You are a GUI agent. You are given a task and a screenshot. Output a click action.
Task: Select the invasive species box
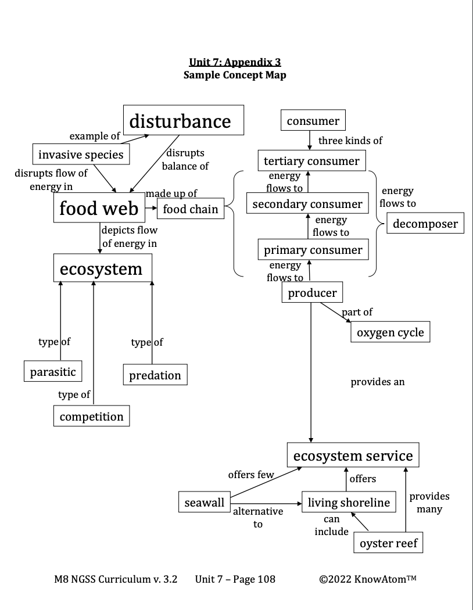(x=81, y=155)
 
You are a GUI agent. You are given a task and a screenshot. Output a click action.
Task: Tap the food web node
(x=99, y=208)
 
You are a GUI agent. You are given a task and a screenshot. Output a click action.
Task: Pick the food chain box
(x=191, y=209)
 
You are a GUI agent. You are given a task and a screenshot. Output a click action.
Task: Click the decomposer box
(x=426, y=223)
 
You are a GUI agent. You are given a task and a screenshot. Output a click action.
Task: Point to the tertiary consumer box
(x=311, y=160)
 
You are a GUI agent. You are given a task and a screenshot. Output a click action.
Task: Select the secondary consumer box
(x=307, y=203)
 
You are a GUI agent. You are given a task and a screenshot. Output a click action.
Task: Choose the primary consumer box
(x=313, y=250)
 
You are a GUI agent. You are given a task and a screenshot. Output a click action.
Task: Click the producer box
(x=312, y=293)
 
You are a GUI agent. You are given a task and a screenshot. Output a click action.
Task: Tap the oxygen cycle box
(x=390, y=332)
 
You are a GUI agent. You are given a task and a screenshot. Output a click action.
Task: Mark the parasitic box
(x=53, y=372)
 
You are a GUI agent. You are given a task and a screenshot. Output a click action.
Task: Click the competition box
(x=91, y=416)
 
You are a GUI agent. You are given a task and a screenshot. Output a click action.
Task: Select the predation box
(x=155, y=375)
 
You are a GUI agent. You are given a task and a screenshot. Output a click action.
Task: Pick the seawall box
(x=204, y=503)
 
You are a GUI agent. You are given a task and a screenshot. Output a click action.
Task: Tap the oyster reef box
(x=388, y=544)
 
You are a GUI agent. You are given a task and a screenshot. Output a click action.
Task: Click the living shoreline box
(x=349, y=503)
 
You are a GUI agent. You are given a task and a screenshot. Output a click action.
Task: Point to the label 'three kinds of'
(x=350, y=141)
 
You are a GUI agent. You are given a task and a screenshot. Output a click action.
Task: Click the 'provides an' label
(x=378, y=382)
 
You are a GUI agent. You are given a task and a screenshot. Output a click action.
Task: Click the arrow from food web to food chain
(x=150, y=208)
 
